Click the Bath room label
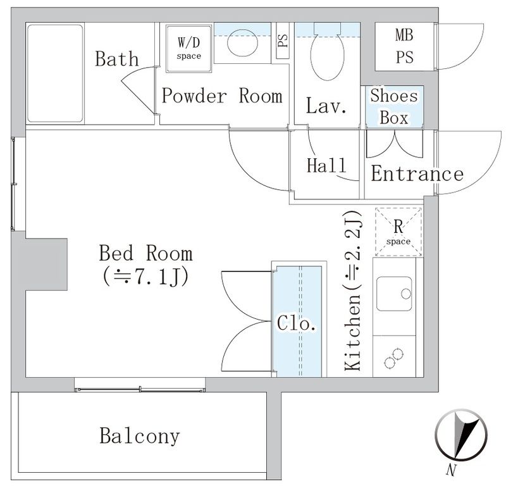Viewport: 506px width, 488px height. click(117, 59)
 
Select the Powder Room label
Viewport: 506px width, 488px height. click(221, 96)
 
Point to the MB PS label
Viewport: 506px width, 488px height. click(405, 46)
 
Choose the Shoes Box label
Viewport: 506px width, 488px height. click(394, 106)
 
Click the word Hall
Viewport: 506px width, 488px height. click(326, 166)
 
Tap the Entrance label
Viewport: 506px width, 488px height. click(417, 174)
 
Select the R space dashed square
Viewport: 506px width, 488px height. click(399, 232)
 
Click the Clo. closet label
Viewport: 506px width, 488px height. click(297, 323)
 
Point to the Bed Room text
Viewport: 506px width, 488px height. click(145, 254)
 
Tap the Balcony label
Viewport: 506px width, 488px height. click(139, 436)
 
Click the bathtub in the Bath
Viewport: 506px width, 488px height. click(56, 74)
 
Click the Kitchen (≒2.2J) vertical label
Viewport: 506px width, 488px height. click(354, 291)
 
